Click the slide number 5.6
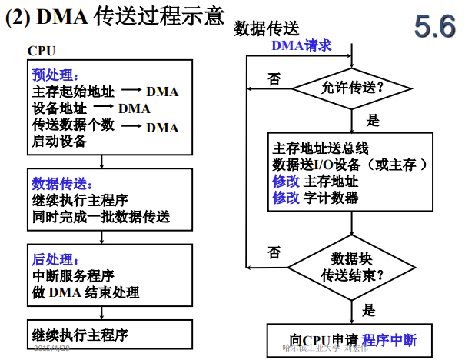point(435,27)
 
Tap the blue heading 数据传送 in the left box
point(62,184)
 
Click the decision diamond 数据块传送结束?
point(352,265)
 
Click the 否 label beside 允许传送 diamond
point(274,78)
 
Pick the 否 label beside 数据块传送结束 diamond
point(274,252)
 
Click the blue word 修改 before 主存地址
point(286,182)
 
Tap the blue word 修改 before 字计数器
point(286,198)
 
